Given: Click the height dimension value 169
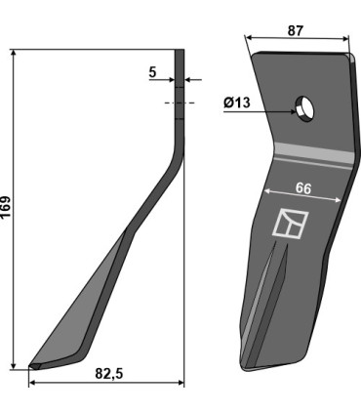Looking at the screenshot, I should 8,208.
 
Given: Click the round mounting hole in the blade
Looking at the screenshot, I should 306,107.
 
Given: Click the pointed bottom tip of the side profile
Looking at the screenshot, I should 33,366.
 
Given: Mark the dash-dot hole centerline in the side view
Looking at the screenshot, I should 179,102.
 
